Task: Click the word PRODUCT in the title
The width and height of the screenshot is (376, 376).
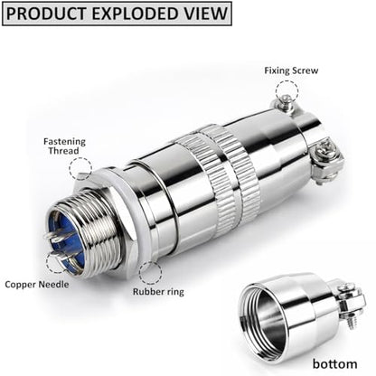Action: coord(46,14)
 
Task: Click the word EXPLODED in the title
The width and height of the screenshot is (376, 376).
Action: coord(137,14)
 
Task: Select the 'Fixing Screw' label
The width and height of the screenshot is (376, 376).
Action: coord(291,70)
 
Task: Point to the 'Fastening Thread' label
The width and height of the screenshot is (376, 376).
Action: coord(64,146)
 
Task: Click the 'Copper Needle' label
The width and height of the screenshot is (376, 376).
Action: coord(37,285)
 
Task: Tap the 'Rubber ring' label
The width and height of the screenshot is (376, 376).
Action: coord(158,292)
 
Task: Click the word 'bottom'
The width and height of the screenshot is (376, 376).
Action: coord(334,363)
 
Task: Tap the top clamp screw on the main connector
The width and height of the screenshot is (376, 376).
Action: coord(285,102)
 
